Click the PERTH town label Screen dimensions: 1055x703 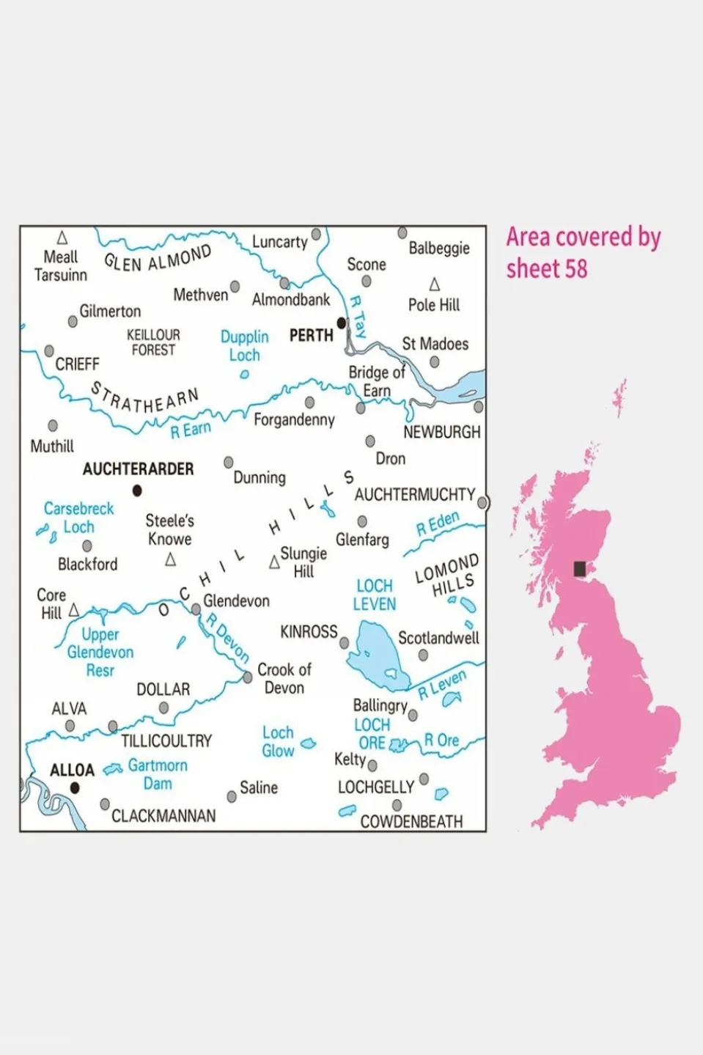[311, 336]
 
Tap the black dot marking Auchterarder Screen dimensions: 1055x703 [137, 490]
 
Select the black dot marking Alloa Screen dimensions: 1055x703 [74, 788]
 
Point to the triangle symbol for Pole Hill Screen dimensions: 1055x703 [435, 284]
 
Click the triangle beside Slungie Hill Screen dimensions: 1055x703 [274, 562]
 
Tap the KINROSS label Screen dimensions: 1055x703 [309, 632]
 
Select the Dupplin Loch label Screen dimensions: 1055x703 [245, 346]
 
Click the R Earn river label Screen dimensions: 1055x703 [191, 430]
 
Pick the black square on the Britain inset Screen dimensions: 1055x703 [580, 568]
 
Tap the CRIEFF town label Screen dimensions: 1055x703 [77, 364]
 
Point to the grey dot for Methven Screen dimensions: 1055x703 [235, 287]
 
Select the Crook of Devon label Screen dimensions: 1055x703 [284, 679]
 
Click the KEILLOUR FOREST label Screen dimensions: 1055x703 [153, 342]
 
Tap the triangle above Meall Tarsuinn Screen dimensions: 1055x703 [62, 238]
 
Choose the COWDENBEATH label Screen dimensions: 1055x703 [411, 822]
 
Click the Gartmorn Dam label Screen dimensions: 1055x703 [158, 774]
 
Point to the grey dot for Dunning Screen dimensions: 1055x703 [229, 463]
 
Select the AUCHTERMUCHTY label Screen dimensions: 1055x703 [415, 495]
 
